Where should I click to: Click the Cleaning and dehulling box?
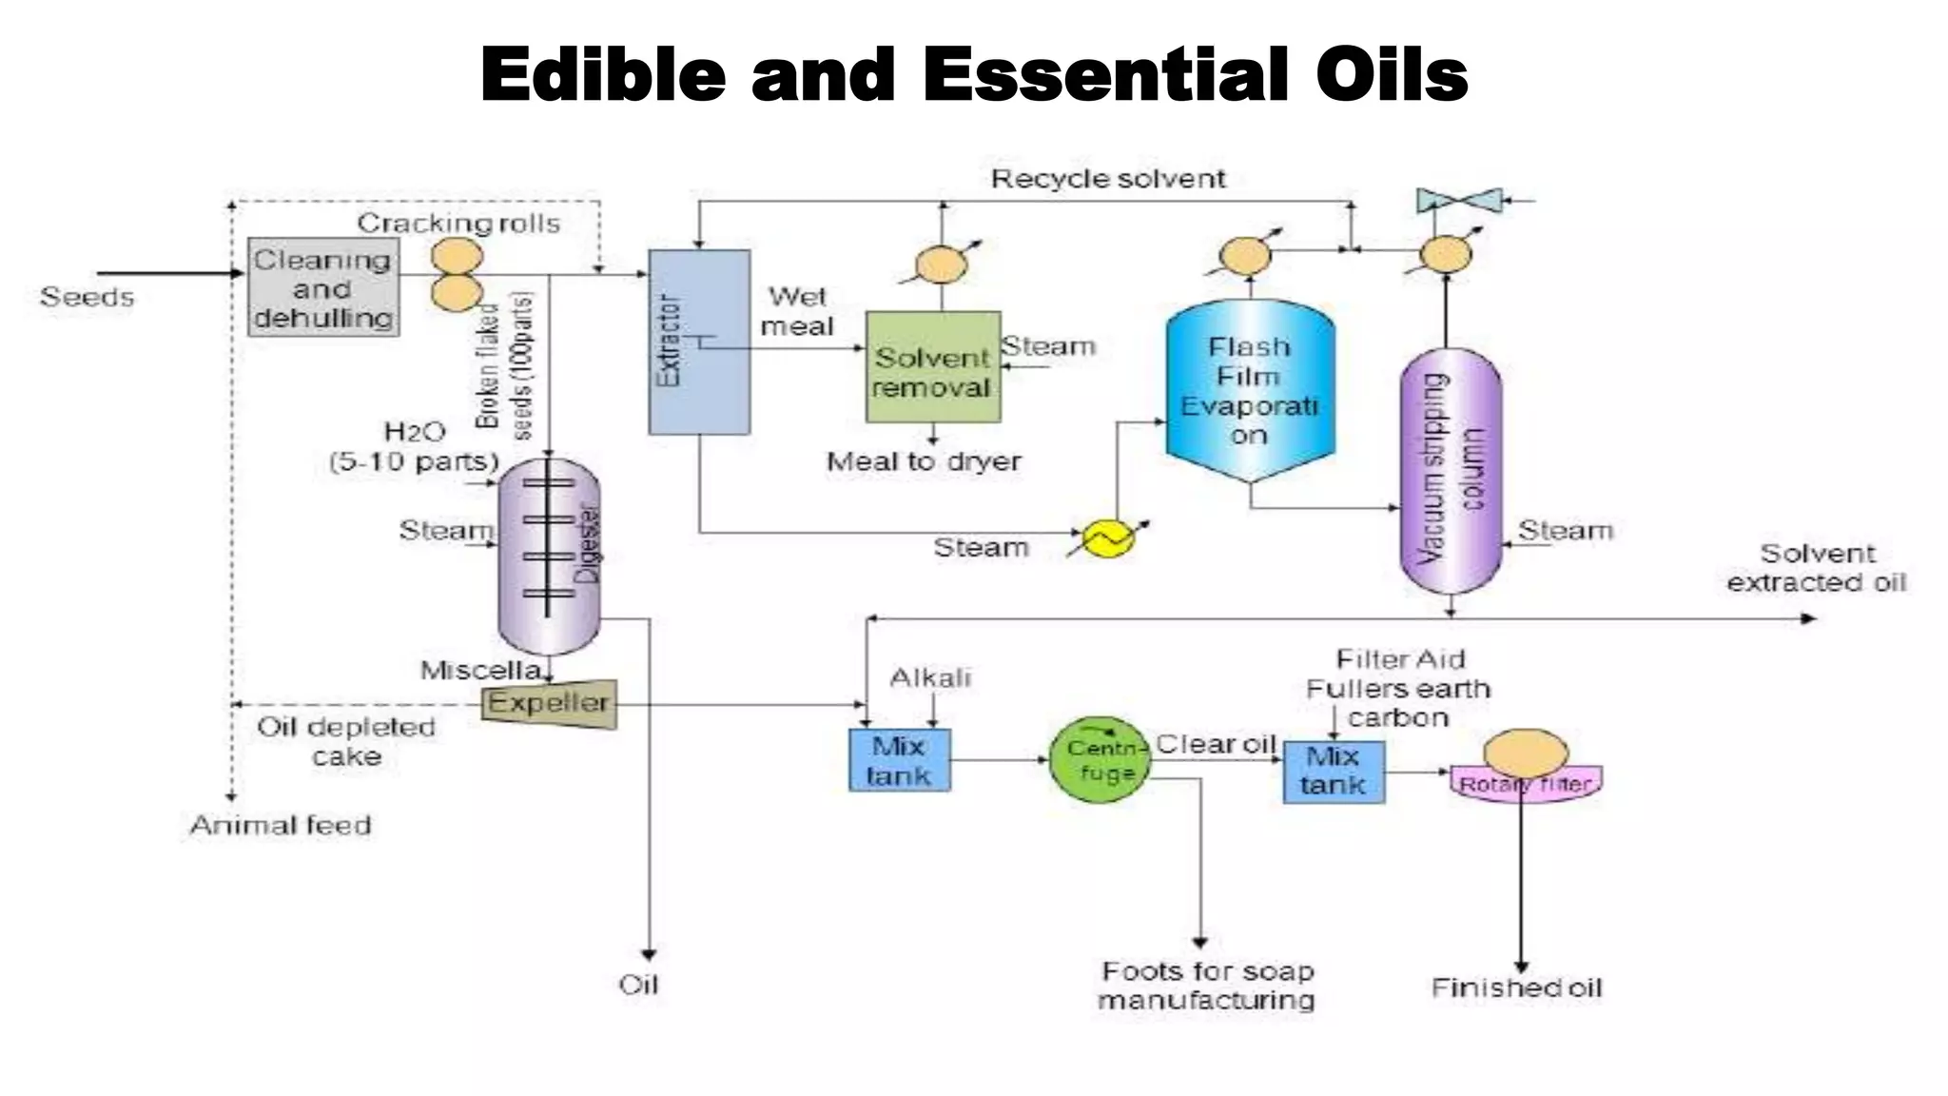click(323, 287)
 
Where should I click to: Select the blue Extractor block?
click(699, 342)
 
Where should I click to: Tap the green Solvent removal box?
click(932, 367)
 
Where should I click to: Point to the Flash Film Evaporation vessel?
click(1250, 390)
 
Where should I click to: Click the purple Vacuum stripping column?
click(1450, 471)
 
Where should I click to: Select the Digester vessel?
click(549, 557)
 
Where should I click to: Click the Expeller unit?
click(549, 704)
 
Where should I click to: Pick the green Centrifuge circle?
click(1100, 760)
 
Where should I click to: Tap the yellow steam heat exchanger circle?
click(1108, 538)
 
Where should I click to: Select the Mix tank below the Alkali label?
click(899, 760)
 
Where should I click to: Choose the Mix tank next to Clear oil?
click(1333, 772)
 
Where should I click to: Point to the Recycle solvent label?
click(1108, 179)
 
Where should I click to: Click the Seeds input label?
click(87, 297)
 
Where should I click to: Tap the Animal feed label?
click(281, 825)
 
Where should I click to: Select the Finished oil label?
click(1516, 988)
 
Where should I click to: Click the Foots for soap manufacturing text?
click(1207, 986)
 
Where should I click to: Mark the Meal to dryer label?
click(924, 462)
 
